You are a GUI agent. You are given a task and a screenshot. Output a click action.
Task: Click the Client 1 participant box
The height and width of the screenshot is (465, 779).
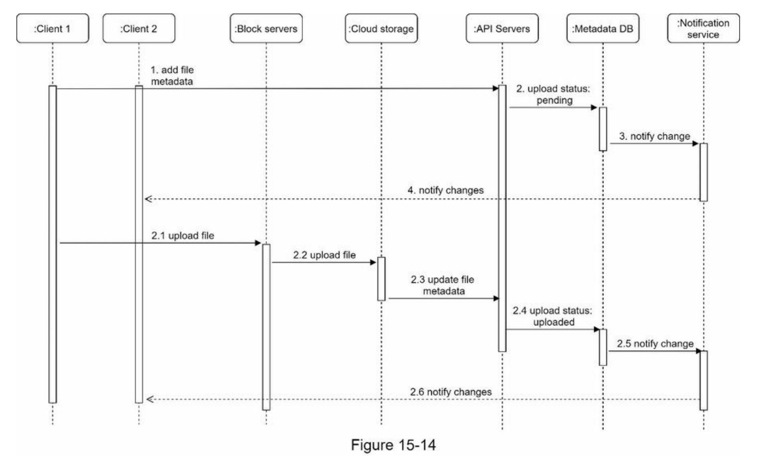[x=52, y=29]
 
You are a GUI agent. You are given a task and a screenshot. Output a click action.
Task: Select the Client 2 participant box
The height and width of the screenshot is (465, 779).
[x=138, y=29]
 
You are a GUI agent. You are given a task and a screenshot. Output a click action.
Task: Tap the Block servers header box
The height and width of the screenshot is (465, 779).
[x=266, y=29]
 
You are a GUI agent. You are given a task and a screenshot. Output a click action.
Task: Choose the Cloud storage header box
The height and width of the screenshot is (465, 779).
[x=381, y=29]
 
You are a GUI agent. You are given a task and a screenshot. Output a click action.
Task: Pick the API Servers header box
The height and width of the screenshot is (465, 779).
[x=502, y=29]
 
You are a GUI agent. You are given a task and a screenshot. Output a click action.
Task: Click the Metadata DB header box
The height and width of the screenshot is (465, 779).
[x=603, y=29]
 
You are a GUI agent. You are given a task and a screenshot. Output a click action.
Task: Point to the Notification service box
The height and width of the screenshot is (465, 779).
[x=704, y=29]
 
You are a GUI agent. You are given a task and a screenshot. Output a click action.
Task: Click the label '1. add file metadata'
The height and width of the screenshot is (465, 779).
[x=172, y=76]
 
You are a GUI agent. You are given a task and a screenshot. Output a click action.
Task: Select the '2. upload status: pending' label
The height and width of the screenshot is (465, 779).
[x=553, y=94]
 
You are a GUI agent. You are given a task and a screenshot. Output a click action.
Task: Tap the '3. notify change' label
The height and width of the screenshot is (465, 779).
[x=654, y=136]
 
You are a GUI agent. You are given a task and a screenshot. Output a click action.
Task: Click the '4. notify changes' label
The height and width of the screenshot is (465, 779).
[x=445, y=190]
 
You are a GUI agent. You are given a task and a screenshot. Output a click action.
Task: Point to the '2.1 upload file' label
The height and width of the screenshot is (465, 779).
[x=183, y=235]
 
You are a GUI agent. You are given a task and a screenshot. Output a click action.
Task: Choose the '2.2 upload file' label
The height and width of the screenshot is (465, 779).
[x=325, y=255]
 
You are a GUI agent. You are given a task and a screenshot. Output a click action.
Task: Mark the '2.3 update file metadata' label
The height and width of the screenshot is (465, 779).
[x=443, y=285]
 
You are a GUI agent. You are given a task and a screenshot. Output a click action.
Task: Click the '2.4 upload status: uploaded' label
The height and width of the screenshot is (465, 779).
[x=553, y=316]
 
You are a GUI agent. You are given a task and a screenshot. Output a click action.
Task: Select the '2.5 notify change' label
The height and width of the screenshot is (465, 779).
[x=655, y=344]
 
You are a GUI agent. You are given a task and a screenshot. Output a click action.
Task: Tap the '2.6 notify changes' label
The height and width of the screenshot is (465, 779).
[x=451, y=392]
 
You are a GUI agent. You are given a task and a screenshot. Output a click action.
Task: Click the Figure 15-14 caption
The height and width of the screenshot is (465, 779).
[x=393, y=445]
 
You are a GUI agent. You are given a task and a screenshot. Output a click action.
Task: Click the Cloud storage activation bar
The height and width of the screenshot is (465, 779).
[x=381, y=279]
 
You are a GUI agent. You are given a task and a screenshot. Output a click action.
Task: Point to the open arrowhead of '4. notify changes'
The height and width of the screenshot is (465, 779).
[x=148, y=199]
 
